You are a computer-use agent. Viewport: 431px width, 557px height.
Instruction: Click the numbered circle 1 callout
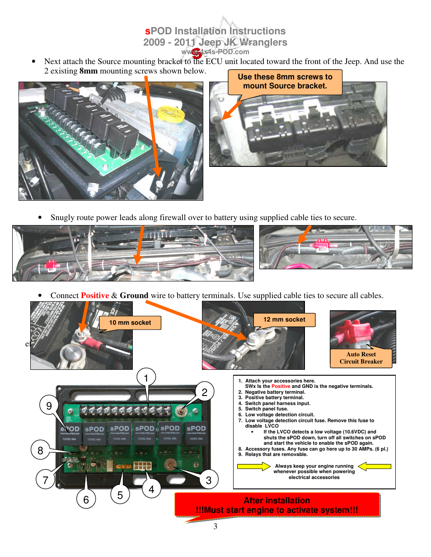click(146, 377)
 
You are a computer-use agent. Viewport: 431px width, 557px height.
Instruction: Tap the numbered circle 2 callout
click(204, 392)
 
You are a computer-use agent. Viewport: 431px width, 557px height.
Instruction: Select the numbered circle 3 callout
click(208, 480)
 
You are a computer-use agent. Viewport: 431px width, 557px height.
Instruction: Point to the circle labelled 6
click(86, 499)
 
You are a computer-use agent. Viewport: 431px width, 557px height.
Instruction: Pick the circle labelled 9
click(49, 405)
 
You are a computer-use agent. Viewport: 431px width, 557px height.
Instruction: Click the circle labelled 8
click(40, 450)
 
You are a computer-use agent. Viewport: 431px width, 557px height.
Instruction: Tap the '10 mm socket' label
click(130, 322)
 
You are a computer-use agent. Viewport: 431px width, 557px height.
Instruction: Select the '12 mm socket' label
click(284, 319)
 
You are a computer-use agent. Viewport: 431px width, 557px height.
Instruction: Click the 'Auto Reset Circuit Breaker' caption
click(361, 358)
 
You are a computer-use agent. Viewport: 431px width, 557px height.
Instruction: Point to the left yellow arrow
click(253, 466)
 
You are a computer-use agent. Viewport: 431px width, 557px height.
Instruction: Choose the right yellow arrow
click(375, 466)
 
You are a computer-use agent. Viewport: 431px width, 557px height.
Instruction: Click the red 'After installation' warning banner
click(277, 505)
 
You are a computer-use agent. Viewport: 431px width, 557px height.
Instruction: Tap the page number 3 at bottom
click(215, 526)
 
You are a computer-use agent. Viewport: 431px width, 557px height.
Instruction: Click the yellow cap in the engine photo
click(170, 113)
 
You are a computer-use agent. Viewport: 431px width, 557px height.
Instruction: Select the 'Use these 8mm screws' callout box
click(285, 82)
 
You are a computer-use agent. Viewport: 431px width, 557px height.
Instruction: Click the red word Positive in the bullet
click(95, 295)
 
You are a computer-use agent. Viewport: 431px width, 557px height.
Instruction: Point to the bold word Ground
click(134, 295)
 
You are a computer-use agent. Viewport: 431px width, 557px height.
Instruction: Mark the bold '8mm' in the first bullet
click(89, 71)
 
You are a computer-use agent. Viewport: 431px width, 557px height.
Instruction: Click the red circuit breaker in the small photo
click(354, 333)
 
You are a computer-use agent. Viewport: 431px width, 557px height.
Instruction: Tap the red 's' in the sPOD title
click(147, 31)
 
